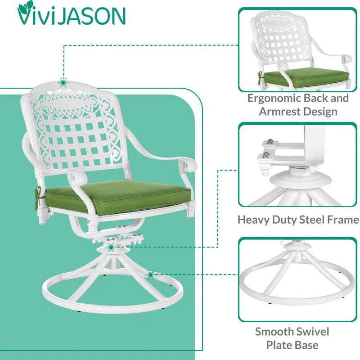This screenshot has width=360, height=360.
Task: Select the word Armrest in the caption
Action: click(282, 112)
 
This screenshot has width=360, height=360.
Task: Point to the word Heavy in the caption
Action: click(255, 220)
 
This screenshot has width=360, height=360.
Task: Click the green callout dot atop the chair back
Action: click(63, 82)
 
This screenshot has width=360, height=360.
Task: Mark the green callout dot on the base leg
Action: click(150, 274)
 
